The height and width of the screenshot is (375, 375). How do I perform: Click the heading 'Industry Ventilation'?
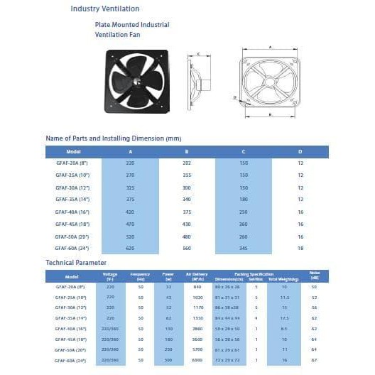(x=104, y=9)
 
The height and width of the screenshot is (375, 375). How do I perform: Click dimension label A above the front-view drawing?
(x=270, y=47)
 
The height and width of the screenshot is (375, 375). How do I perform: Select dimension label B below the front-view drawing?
(x=271, y=114)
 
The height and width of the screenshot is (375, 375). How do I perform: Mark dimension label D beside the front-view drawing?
(x=234, y=97)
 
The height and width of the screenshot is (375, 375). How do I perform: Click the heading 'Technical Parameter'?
(x=80, y=263)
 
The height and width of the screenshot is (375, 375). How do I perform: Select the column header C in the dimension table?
(x=244, y=151)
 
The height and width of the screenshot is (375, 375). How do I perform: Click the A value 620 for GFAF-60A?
(x=130, y=249)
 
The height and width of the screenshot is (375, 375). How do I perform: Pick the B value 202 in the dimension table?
(x=187, y=163)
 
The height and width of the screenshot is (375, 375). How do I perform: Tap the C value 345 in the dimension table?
(x=244, y=249)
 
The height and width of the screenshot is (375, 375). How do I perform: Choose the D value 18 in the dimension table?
(x=300, y=249)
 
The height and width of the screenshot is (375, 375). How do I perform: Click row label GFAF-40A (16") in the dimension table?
(x=73, y=212)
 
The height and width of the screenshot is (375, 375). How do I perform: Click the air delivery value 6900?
(x=198, y=361)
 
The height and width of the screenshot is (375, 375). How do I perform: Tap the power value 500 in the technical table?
(x=168, y=361)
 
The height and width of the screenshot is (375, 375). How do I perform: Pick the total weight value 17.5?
(x=284, y=319)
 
